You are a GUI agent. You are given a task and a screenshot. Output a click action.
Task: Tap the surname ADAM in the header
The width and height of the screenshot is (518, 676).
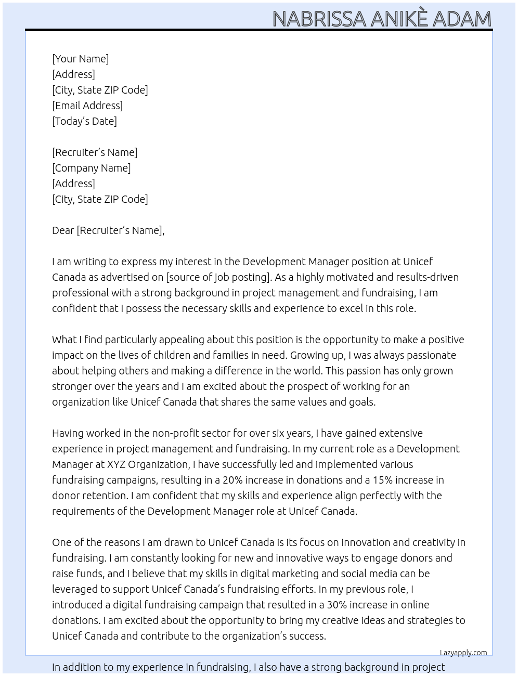coord(461,19)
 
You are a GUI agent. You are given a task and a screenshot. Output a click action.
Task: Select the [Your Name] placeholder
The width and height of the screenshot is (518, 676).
coord(81,59)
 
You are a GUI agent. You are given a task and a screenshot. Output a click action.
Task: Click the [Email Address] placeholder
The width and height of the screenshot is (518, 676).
coord(87,106)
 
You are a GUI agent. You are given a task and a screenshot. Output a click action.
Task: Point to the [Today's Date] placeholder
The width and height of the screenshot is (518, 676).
coord(84,121)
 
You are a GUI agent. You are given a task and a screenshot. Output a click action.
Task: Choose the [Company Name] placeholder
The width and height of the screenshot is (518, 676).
coord(92,168)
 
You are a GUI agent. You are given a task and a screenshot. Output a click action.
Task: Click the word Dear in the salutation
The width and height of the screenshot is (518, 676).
coord(63,230)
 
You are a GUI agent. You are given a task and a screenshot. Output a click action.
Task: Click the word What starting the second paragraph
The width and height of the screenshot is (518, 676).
coord(64,340)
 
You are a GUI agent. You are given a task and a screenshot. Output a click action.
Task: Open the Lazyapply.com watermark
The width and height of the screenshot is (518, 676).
coord(463,653)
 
